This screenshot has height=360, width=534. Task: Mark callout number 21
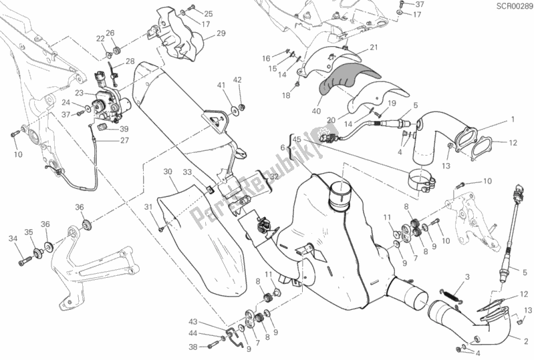point(374,47)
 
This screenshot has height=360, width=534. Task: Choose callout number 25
point(190,13)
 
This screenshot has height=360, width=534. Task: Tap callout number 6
point(283,148)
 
